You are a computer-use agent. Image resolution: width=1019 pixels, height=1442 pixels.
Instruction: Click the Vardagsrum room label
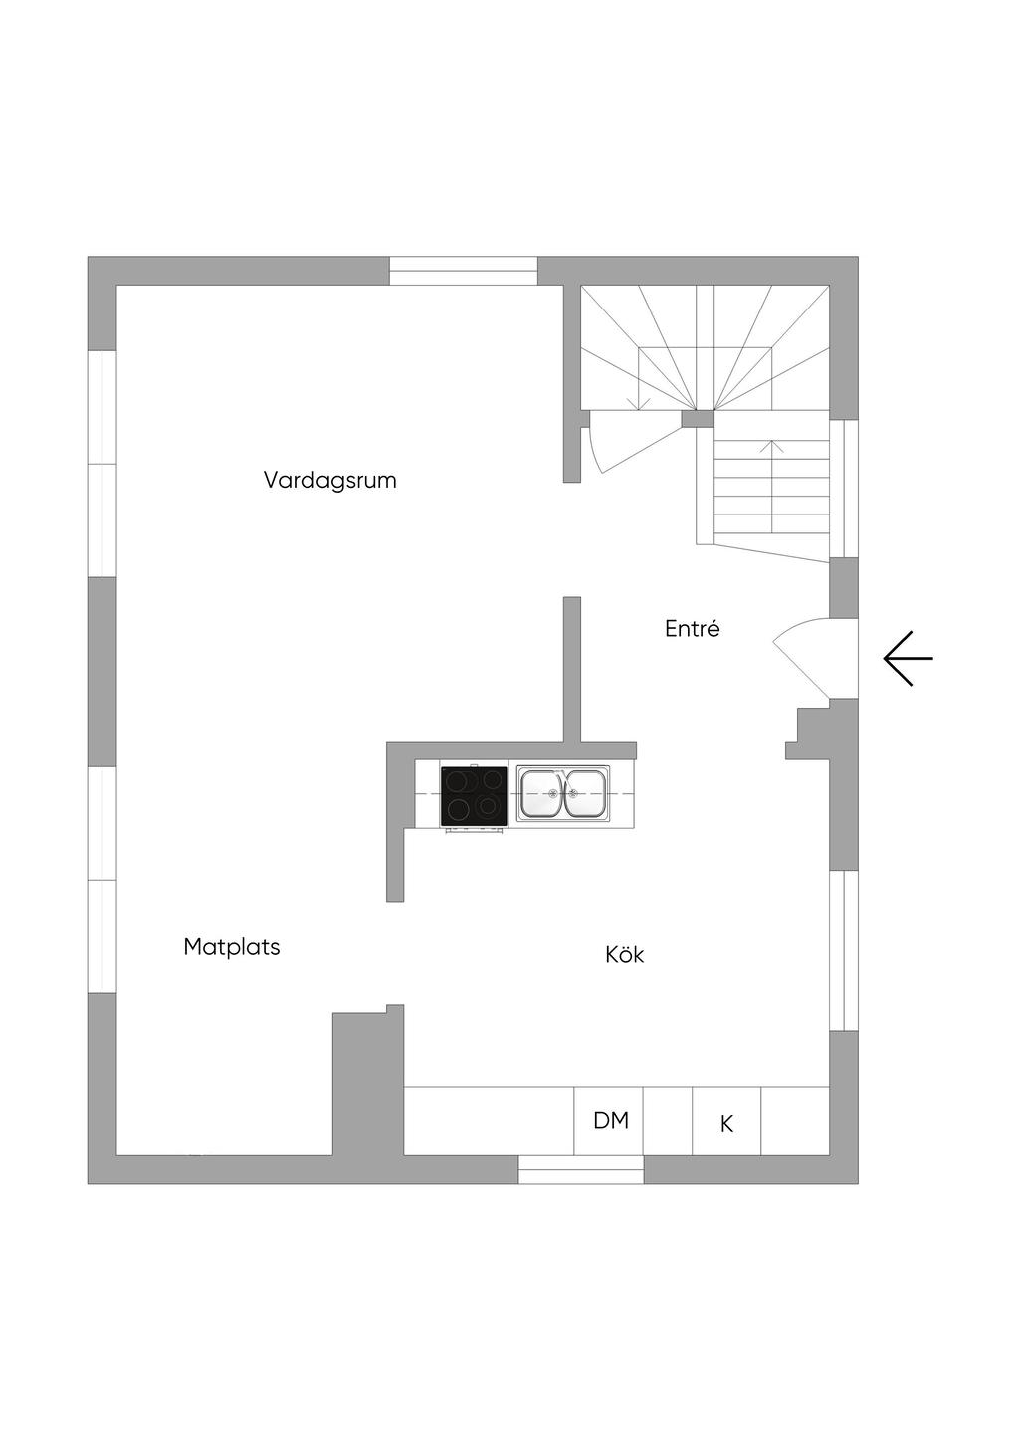point(329,480)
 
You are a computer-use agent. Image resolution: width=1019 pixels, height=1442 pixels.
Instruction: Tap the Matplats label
point(232,947)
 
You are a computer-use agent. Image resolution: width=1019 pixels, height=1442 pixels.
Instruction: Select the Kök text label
point(625,955)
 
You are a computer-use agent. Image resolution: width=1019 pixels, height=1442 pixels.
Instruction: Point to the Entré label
point(692,629)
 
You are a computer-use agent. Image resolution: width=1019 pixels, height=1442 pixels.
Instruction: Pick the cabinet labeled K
point(726,1123)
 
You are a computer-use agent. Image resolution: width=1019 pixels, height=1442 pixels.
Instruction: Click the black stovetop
point(474,795)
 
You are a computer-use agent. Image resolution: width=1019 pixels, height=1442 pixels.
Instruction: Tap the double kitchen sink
point(562,793)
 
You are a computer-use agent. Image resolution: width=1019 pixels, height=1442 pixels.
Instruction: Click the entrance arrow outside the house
point(908,659)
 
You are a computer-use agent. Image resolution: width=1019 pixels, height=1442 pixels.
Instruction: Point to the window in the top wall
point(463,271)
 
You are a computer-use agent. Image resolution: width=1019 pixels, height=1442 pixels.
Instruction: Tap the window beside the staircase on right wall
point(844,488)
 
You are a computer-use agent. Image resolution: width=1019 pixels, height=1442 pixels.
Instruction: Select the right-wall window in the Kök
point(844,950)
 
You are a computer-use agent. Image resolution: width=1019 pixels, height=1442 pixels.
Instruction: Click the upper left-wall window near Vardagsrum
point(102,464)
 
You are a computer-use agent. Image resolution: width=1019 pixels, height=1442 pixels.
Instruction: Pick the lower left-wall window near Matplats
point(102,880)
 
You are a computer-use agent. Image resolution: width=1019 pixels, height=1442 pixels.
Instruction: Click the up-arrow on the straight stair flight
point(777,447)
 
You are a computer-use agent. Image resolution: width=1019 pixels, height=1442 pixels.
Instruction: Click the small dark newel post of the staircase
point(699,418)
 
